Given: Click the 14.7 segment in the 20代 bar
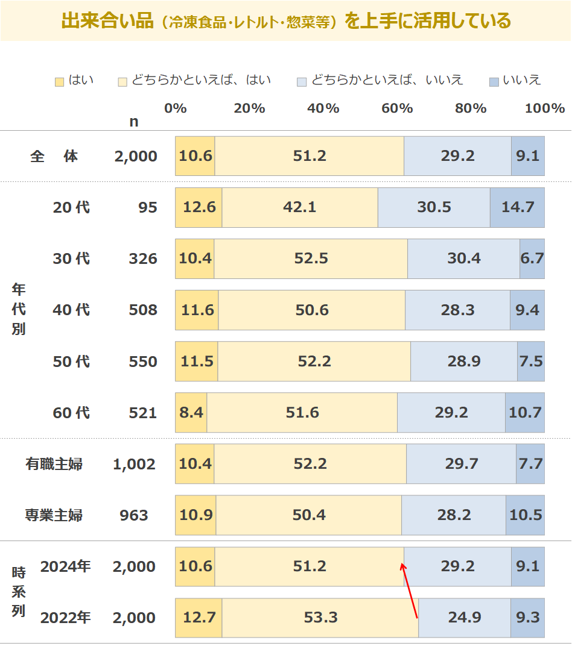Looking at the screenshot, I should tap(517, 207).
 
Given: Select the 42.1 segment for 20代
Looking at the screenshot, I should tap(300, 207).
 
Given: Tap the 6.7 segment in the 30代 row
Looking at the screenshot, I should tap(532, 259).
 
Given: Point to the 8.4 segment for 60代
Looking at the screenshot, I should tap(191, 413).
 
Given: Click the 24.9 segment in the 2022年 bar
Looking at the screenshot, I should tap(465, 618).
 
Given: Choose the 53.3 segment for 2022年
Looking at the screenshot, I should tap(320, 618).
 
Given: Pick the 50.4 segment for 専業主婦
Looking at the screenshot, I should tap(309, 515).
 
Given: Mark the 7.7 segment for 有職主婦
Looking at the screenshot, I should tap(530, 464).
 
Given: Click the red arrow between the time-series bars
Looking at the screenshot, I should tap(410, 591).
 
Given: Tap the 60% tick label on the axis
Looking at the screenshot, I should tap(397, 108).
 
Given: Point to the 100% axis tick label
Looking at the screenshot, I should tap(545, 108).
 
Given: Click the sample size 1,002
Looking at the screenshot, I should tap(134, 464).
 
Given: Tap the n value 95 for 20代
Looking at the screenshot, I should tap(147, 207).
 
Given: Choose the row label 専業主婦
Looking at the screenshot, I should tap(54, 515).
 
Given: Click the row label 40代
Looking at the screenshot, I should tap(71, 310).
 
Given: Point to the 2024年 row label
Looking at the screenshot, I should tap(65, 566).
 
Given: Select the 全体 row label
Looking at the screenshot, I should tap(54, 156).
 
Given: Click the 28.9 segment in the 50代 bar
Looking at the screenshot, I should tap(464, 362).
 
